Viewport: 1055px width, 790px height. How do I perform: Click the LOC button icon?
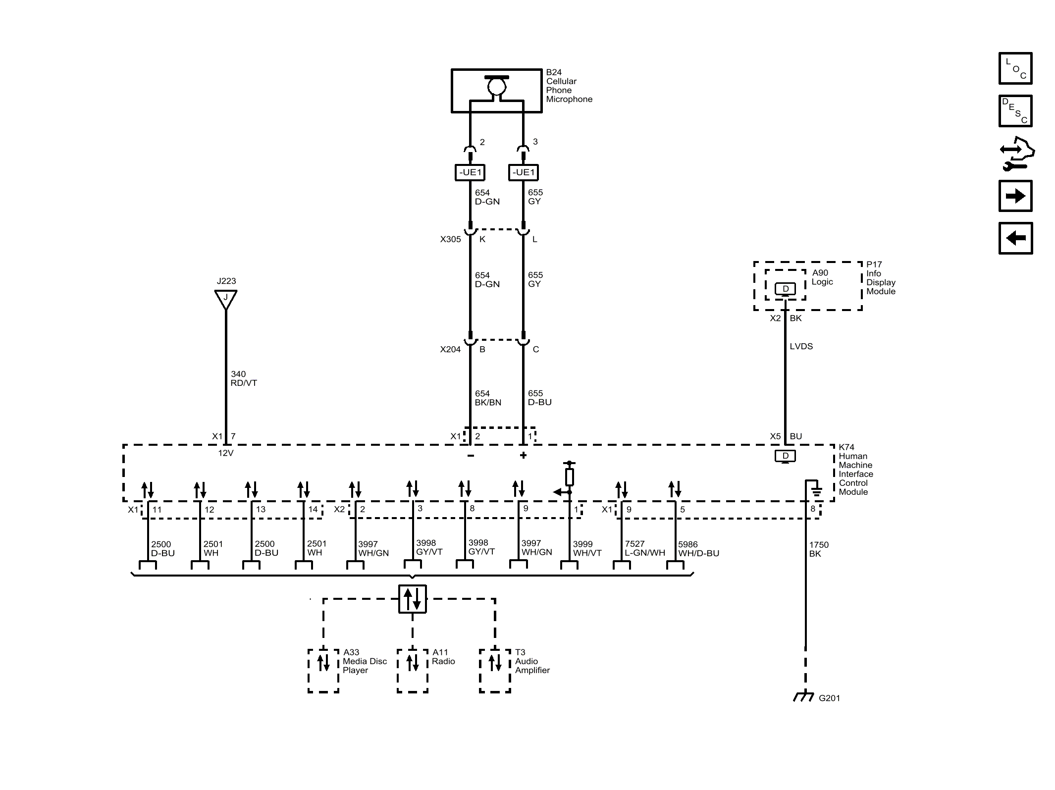[1015, 68]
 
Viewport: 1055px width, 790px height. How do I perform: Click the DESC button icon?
[1015, 111]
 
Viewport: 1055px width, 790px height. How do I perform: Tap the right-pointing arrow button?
[1015, 196]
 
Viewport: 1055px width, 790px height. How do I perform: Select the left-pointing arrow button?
[1015, 238]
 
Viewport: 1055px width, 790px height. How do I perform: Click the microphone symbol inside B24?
[496, 87]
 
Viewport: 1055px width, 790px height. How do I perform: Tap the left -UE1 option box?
[470, 172]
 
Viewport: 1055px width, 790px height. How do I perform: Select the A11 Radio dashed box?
[412, 670]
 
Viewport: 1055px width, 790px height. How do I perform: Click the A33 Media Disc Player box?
[323, 670]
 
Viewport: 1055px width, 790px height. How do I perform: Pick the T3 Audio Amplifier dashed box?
[495, 670]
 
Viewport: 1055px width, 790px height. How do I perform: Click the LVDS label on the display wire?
[801, 346]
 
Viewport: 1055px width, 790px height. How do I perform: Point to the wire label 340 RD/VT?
[243, 378]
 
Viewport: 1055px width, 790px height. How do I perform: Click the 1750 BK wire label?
[818, 549]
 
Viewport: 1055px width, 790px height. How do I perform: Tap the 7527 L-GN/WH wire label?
[644, 548]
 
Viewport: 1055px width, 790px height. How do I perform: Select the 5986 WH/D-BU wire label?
[698, 548]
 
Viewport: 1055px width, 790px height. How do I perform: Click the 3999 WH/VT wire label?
[587, 548]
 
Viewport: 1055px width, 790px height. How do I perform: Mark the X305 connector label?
[450, 239]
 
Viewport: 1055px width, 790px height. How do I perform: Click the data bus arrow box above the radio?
[412, 599]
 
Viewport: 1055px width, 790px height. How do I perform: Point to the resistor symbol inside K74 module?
[570, 477]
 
